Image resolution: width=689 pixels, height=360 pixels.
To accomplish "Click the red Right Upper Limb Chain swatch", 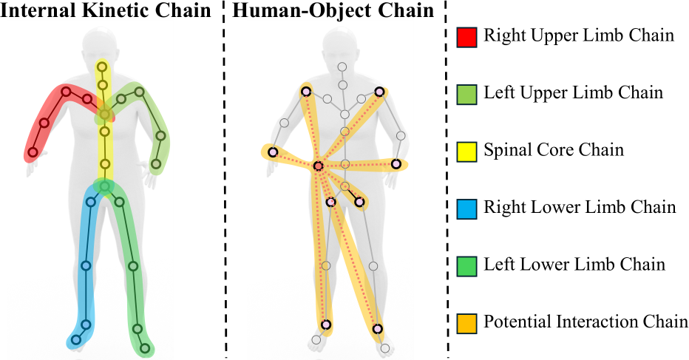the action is click(x=466, y=37).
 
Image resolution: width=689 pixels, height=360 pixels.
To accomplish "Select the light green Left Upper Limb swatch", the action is click(x=466, y=94).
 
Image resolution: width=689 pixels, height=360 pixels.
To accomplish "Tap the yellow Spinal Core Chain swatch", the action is click(x=466, y=152).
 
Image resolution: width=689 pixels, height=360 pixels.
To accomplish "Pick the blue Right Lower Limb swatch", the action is click(x=466, y=208).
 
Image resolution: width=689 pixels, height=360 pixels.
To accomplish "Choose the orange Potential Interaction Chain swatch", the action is click(x=466, y=323).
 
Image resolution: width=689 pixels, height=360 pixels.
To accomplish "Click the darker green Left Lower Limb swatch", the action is click(x=466, y=266).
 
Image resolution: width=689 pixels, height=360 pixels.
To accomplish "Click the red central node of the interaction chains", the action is click(x=318, y=166).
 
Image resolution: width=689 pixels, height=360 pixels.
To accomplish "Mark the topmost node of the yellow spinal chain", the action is click(x=102, y=67).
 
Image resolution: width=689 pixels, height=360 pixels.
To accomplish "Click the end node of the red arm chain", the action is click(x=33, y=152).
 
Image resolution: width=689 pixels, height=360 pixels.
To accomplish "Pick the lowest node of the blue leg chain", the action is click(x=75, y=340).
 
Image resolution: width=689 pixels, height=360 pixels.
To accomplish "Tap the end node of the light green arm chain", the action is click(x=156, y=164).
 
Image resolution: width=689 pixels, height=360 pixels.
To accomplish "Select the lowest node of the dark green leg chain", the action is click(x=146, y=349).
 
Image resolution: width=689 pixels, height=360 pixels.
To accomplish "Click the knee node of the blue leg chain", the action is click(x=86, y=266).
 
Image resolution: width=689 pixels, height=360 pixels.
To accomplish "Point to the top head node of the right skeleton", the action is click(x=342, y=67).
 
